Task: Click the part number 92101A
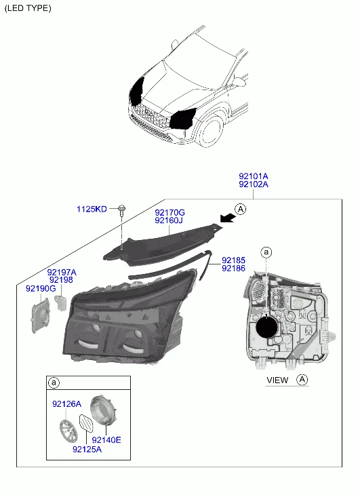(x=254, y=176)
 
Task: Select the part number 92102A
(x=254, y=184)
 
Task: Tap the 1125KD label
(x=92, y=209)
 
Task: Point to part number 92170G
(x=169, y=213)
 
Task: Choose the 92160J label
(x=169, y=220)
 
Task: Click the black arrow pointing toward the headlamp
(x=228, y=218)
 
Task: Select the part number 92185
(x=233, y=260)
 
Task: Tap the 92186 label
(x=233, y=268)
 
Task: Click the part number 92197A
(x=62, y=273)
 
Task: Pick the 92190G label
(x=41, y=288)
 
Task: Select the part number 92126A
(x=66, y=404)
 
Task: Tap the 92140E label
(x=106, y=440)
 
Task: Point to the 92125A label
(x=87, y=450)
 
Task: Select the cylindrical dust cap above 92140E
(x=104, y=411)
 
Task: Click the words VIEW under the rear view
(x=277, y=380)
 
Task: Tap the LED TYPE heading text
(x=28, y=8)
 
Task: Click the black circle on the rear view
(x=267, y=327)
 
